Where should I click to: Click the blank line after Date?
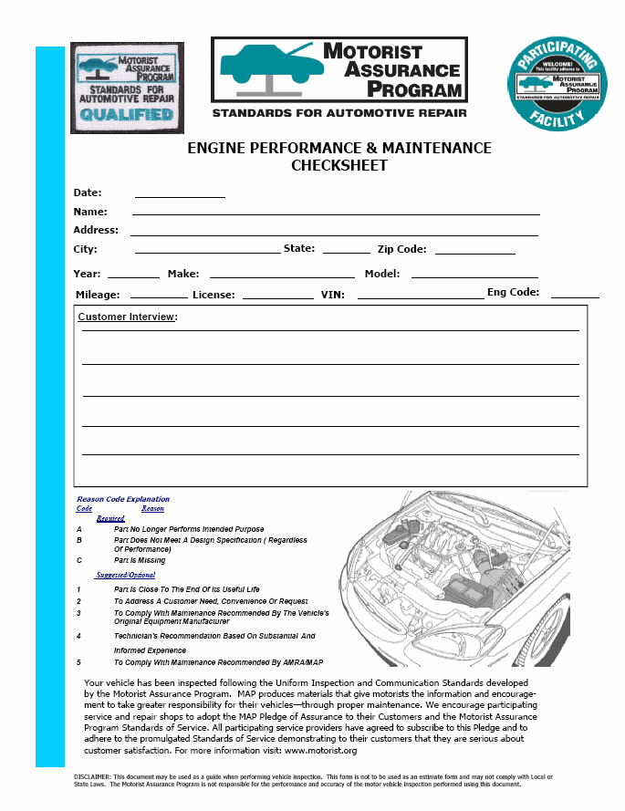[x=180, y=194]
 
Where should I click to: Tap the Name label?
[x=90, y=212]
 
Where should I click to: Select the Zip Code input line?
[x=474, y=251]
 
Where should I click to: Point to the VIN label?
[x=331, y=295]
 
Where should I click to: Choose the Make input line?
[x=282, y=275]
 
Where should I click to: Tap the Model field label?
[x=382, y=274]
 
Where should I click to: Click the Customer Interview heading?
[x=127, y=317]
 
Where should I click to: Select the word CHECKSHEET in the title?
[x=339, y=165]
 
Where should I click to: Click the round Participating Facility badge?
[x=557, y=88]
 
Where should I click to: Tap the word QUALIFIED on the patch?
[x=126, y=115]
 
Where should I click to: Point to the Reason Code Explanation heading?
[x=123, y=499]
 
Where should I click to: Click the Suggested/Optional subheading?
[x=129, y=576]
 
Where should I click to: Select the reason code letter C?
[x=79, y=560]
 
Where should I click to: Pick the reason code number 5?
[x=79, y=662]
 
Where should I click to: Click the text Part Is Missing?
[x=140, y=560]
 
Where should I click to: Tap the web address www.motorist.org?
[x=320, y=751]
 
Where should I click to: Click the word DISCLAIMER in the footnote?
[x=93, y=776]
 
